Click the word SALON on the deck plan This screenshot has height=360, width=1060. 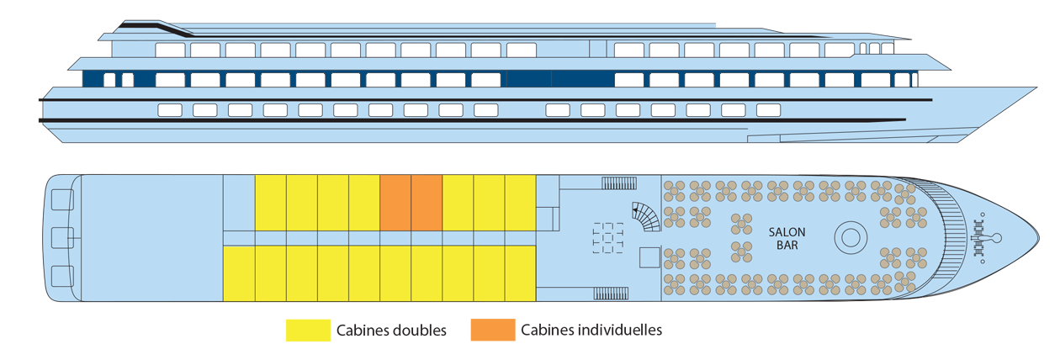click(x=787, y=232)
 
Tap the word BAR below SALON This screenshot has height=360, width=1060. click(x=787, y=246)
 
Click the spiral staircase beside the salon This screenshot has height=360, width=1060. click(x=647, y=218)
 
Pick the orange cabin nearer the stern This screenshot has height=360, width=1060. click(x=395, y=202)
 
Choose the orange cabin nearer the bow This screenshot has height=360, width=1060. click(x=427, y=202)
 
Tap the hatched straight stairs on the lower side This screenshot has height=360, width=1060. click(x=611, y=294)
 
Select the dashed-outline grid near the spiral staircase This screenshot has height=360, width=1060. click(x=608, y=237)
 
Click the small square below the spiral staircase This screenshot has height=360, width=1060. click(x=649, y=257)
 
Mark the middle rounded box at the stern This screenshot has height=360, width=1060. click(x=62, y=238)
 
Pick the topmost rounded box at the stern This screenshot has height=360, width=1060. click(x=62, y=200)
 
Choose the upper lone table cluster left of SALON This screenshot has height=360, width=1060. click(x=741, y=224)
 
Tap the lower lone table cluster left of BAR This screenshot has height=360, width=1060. click(x=741, y=251)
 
